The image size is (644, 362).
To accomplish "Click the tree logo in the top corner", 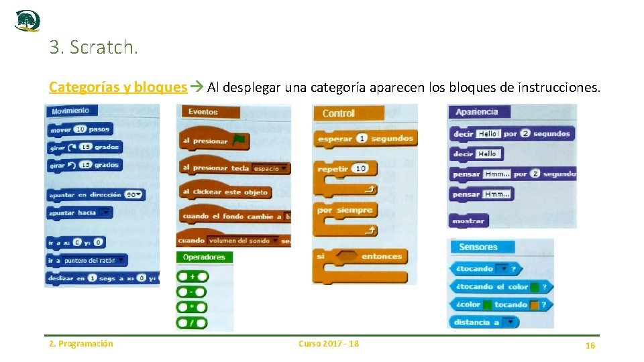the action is coord(28,21).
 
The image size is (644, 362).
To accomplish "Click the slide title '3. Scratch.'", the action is coord(93,48).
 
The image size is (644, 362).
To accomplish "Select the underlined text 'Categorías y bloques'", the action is coord(118,87).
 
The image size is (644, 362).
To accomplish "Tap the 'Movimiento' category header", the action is coord(70,111).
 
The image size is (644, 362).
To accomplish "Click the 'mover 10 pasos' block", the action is coord(79,129).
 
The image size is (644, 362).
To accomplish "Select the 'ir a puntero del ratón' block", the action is coord(87,260).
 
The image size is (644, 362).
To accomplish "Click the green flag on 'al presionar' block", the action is coord(239,140).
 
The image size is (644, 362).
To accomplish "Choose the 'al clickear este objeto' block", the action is coord(225,192).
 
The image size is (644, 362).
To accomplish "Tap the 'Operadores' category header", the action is coord(204,257).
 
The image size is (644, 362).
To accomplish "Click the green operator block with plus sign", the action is coord(192,276).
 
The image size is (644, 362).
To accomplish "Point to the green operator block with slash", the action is coord(192,322).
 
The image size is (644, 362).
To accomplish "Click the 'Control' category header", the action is coord(339,113).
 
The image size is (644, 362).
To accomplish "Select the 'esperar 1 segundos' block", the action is coord(366,139).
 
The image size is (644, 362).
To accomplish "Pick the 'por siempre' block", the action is coord(345,210).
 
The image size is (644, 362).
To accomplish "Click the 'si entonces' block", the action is coord(360,256).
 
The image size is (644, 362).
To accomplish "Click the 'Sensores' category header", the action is coord(478,247).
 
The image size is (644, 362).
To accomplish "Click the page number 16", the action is coord(590,345).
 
